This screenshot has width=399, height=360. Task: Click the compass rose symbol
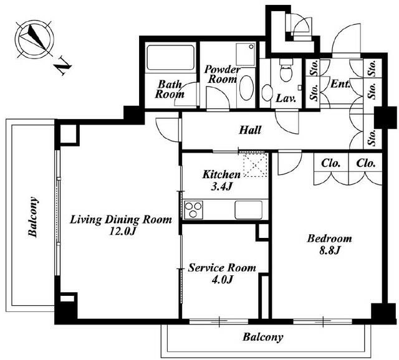point(34,40)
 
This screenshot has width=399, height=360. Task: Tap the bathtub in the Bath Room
point(170,57)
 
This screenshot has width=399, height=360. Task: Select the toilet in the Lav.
point(286,70)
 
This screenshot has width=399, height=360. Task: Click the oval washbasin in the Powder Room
point(246,88)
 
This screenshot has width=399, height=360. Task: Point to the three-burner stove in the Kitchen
point(193,210)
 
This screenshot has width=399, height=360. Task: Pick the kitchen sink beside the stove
point(249,210)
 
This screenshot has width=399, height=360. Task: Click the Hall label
point(250,130)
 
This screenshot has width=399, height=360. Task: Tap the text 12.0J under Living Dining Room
point(122,231)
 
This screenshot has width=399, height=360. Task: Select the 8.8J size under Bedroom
point(330,250)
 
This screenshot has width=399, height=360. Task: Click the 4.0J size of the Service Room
point(222,280)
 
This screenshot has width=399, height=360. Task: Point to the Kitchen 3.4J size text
point(221,187)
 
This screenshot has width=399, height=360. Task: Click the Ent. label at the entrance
point(339,83)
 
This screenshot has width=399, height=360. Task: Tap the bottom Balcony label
point(263,338)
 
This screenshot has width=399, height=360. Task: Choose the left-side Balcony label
point(34,217)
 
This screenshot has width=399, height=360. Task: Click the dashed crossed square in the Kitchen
point(255,164)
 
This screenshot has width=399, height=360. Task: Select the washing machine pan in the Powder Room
point(246,55)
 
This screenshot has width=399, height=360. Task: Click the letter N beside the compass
point(63,67)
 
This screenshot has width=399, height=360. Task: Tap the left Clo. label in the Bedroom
point(331,163)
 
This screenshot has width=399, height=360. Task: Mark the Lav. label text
point(286,98)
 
